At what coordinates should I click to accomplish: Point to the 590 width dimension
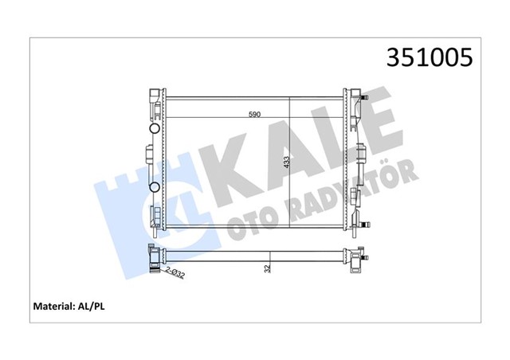point(254,115)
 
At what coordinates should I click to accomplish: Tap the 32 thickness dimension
point(269,268)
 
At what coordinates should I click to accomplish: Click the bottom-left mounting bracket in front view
point(155,217)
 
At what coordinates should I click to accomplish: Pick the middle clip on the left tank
point(149,153)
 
